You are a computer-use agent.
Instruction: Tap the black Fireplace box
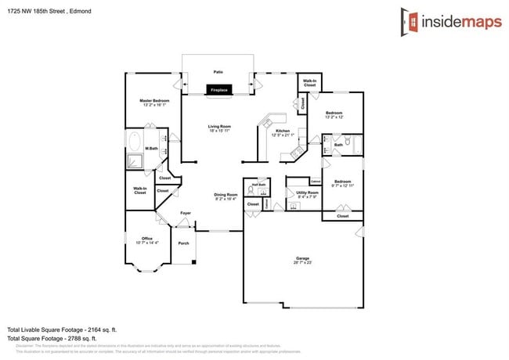click(x=218, y=91)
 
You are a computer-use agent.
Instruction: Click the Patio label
click(x=218, y=71)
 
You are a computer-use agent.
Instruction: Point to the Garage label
click(x=302, y=258)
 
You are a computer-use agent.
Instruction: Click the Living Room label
click(x=218, y=126)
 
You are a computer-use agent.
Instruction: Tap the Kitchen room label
click(x=283, y=131)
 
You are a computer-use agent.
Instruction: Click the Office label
click(x=146, y=238)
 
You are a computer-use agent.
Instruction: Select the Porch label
click(x=183, y=243)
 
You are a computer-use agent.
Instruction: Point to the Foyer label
click(x=186, y=213)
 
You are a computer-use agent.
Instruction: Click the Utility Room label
click(x=307, y=193)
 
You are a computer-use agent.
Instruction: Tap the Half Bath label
click(x=258, y=185)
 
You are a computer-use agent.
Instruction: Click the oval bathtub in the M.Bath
click(x=135, y=143)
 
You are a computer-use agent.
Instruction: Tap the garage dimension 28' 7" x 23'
click(x=302, y=263)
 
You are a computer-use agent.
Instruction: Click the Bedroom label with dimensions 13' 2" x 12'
click(x=334, y=113)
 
